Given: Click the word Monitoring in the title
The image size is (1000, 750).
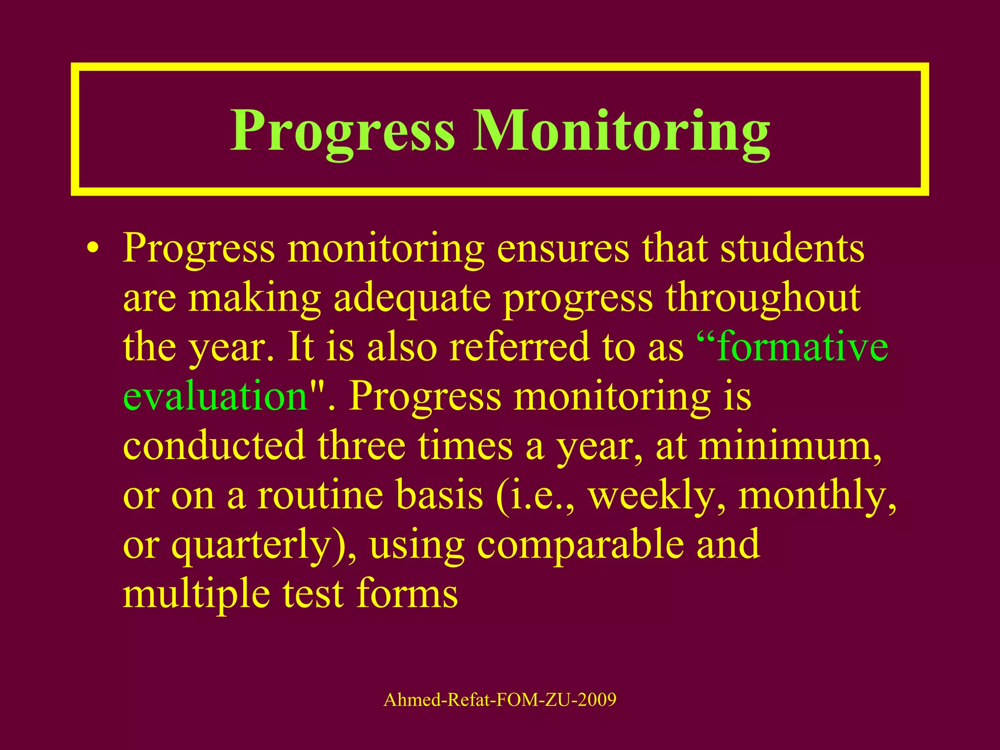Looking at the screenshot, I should coord(621,131).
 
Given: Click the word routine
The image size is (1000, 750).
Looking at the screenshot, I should coord(320,495).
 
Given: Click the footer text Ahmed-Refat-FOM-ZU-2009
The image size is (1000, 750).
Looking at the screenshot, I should coord(500,700).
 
